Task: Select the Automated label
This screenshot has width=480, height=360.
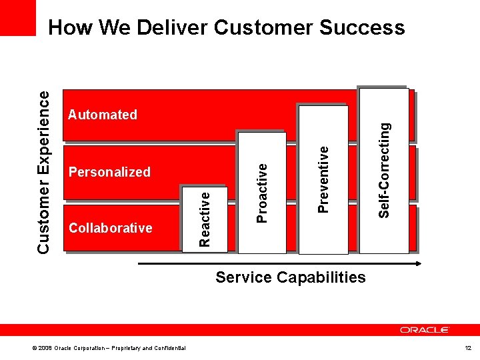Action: (x=103, y=115)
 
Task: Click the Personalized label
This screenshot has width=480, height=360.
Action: (x=110, y=172)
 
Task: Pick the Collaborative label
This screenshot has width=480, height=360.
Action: (x=111, y=228)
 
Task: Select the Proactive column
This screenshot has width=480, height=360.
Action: (x=263, y=193)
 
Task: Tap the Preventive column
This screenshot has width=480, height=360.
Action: (x=323, y=179)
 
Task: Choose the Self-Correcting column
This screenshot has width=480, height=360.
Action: (x=384, y=170)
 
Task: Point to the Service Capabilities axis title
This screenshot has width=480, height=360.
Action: (x=291, y=277)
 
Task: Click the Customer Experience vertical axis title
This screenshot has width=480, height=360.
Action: (x=43, y=172)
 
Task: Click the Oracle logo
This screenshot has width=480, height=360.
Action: (x=425, y=330)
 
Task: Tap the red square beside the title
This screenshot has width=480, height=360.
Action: (x=18, y=18)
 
